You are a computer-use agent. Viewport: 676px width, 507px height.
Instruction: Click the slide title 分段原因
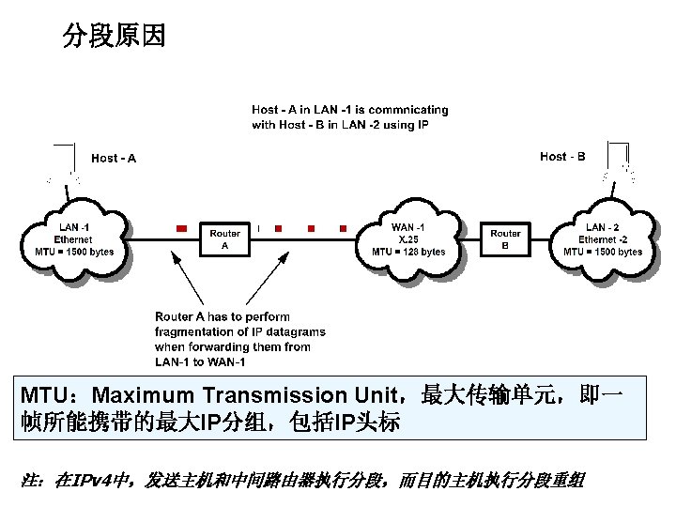tap(114, 37)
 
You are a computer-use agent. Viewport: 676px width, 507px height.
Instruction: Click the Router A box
tap(225, 239)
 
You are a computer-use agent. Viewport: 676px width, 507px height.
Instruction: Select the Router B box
tap(505, 239)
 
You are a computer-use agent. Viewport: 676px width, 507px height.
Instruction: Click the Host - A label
tap(113, 158)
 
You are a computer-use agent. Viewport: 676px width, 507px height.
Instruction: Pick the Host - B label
tap(562, 156)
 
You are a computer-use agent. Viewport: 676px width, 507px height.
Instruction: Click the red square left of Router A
tap(181, 228)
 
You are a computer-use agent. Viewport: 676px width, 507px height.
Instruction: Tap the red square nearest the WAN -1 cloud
tap(344, 228)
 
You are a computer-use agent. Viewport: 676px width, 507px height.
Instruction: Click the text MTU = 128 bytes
tap(408, 252)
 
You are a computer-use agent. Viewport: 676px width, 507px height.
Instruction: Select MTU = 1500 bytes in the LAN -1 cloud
tap(74, 252)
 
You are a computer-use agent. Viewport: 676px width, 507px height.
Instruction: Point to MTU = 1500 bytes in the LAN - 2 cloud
tap(603, 252)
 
